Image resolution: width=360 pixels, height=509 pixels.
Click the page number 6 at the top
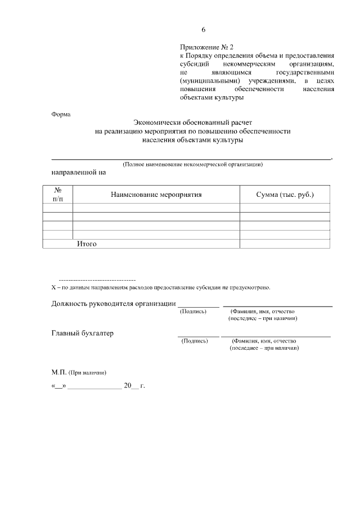point(204,30)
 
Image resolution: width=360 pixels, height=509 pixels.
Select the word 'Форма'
point(61,114)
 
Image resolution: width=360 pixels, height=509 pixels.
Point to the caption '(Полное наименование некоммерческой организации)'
point(193,164)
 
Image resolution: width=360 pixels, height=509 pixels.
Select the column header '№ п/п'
point(58,195)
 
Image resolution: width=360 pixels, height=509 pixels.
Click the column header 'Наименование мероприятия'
point(156,195)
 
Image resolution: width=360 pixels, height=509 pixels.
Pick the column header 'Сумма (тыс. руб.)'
point(285,195)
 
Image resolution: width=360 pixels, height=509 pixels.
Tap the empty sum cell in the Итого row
point(285,244)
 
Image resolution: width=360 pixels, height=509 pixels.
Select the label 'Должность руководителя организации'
point(113,304)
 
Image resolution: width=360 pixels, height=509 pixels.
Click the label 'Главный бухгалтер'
point(83,334)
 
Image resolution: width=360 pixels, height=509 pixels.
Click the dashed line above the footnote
point(97,280)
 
